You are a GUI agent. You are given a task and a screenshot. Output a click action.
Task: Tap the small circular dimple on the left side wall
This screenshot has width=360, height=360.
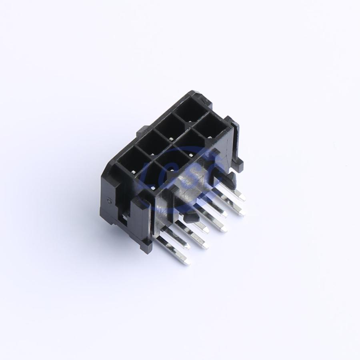tap(110, 201)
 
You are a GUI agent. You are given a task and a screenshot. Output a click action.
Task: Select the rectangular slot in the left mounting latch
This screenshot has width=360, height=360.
tap(124, 220)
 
